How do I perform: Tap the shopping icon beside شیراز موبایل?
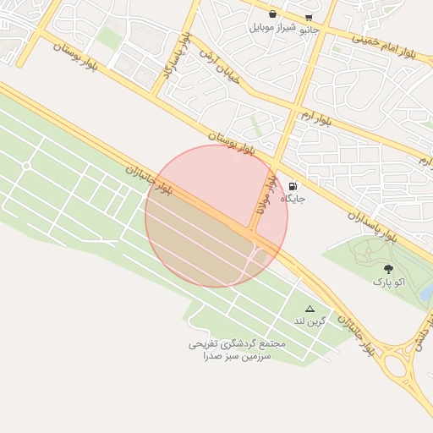272,14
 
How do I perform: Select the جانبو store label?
308,27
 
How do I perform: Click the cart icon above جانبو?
309,16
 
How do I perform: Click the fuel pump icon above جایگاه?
293,186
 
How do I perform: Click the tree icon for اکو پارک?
388,268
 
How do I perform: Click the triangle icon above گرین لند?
310,309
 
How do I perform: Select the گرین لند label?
310,321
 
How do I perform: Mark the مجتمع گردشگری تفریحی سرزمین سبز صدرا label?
237,351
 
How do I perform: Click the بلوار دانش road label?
420,342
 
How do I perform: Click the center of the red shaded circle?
216,216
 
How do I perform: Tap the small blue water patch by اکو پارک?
427,292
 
